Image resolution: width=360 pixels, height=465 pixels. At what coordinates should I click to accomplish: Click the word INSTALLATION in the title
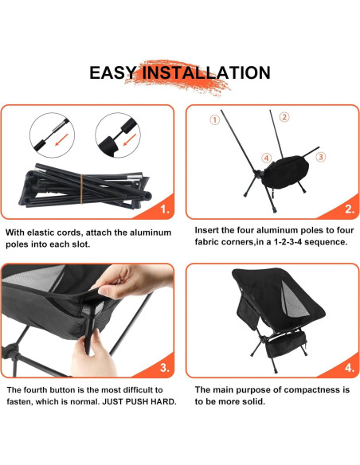pyautogui.click(x=206, y=73)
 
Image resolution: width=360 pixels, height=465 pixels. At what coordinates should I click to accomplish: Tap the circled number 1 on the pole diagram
pyautogui.click(x=215, y=119)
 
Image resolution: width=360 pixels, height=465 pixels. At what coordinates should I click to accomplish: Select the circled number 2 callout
pyautogui.click(x=284, y=117)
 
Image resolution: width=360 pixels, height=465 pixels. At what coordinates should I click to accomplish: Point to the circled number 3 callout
pyautogui.click(x=320, y=157)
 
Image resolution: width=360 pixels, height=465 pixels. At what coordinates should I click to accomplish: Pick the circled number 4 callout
pyautogui.click(x=266, y=158)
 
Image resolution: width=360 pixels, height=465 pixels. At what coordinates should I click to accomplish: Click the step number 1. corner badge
pyautogui.click(x=165, y=209)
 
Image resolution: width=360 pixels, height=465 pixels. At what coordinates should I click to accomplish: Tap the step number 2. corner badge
pyautogui.click(x=350, y=209)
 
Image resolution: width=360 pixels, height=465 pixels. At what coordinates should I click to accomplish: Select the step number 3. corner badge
pyautogui.click(x=165, y=368)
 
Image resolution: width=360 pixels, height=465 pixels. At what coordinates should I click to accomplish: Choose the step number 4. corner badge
pyautogui.click(x=350, y=368)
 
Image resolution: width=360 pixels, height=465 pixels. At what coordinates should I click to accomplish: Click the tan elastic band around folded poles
pyautogui.click(x=81, y=189)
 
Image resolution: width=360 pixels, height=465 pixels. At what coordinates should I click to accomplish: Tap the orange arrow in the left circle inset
pyautogui.click(x=61, y=139)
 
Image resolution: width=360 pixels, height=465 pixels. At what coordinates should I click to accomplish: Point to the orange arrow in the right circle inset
pyautogui.click(x=130, y=139)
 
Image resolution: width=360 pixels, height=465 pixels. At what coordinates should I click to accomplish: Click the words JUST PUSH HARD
pyautogui.click(x=139, y=402)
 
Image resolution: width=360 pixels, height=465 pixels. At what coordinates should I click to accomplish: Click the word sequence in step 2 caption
pyautogui.click(x=326, y=242)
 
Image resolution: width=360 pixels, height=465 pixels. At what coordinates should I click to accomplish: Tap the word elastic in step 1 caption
pyautogui.click(x=44, y=232)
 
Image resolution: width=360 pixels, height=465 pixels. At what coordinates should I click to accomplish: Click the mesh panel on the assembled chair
pyautogui.click(x=294, y=299)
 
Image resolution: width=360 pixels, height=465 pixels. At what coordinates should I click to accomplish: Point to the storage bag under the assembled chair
pyautogui.click(x=286, y=344)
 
